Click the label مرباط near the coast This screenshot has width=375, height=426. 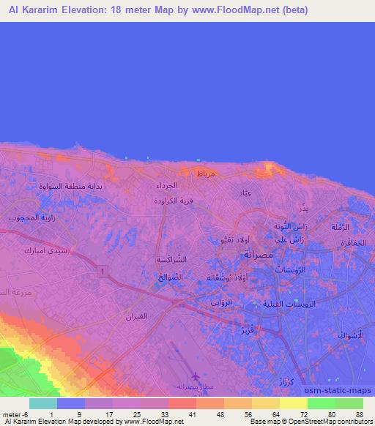click(205, 173)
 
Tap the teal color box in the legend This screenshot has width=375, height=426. click(44, 403)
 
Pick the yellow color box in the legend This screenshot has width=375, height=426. click(294, 403)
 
